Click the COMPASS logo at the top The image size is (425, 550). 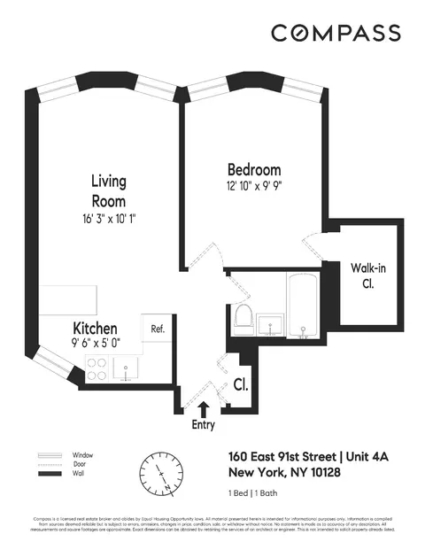pos(336,33)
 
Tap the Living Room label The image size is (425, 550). pos(109,190)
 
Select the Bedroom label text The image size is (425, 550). pos(254,169)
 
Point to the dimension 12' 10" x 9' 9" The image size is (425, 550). pos(254,186)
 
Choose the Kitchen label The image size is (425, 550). pos(97,327)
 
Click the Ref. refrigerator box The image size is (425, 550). pos(158,329)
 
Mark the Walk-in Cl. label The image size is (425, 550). pos(366,275)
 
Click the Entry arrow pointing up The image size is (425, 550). pos(204,408)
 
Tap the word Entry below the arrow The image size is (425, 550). pos(204,425)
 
